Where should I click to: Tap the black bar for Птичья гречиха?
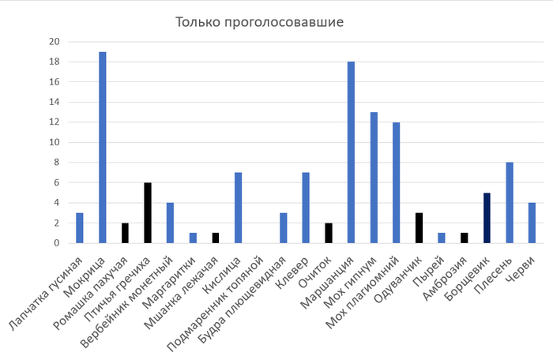(148, 213)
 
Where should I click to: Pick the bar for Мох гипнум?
(374, 178)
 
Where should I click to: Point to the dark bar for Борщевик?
(487, 218)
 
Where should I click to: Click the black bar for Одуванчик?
(419, 228)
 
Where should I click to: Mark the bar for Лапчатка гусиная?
(80, 228)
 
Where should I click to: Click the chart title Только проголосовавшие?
(259, 21)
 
